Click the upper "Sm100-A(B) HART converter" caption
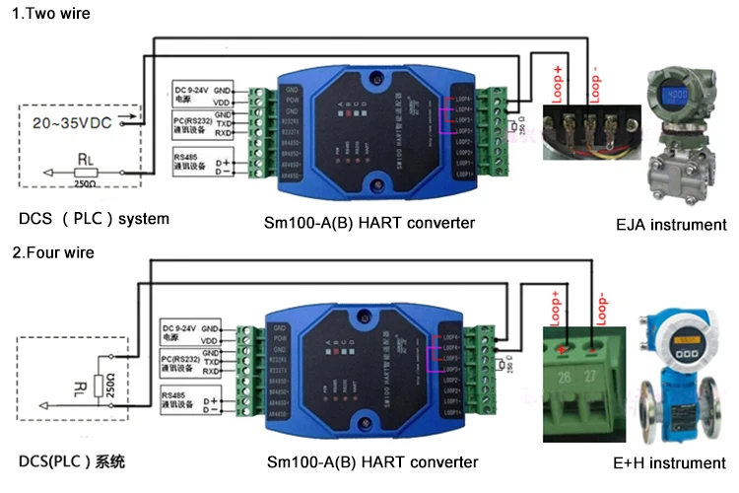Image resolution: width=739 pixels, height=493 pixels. [371, 223]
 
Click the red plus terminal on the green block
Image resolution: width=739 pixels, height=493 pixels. [563, 349]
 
